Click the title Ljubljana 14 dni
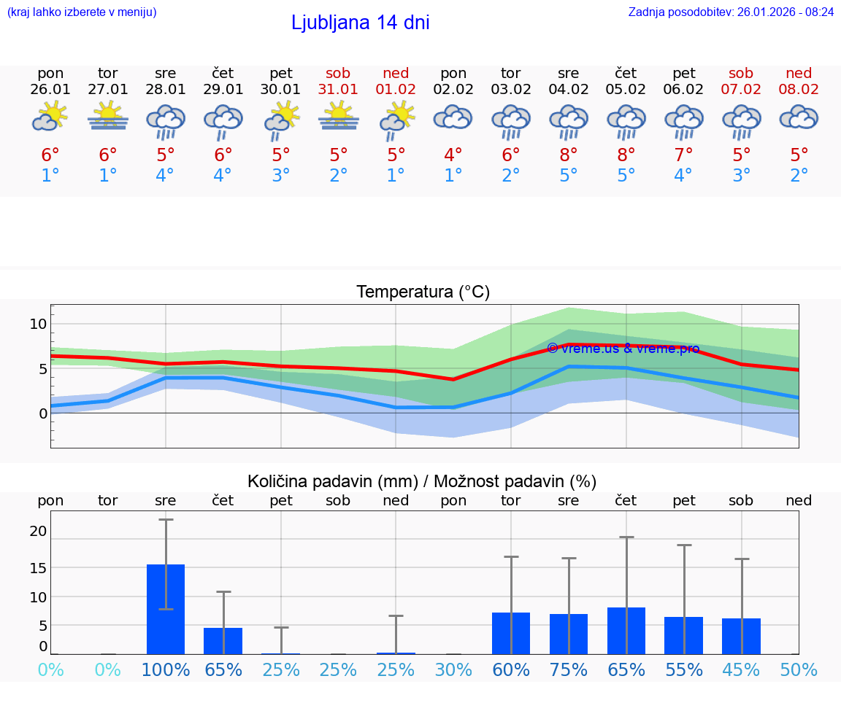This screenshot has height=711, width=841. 360,23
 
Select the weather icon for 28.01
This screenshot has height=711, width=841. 166,121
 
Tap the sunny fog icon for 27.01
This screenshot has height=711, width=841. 108,115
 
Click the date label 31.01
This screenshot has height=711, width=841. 338,89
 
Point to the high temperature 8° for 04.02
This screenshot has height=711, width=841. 568,155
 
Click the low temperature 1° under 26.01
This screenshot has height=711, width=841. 50,176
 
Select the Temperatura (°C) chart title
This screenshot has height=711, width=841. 423,292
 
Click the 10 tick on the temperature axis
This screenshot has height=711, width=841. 38,324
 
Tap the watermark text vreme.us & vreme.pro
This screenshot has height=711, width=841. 623,349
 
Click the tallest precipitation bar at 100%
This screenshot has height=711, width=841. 166,609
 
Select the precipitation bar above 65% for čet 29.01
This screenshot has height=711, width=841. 223,640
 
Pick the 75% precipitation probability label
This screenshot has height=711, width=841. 568,669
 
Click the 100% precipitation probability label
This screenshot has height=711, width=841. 166,669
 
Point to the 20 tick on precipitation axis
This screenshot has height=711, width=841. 38,531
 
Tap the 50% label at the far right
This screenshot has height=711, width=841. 799,669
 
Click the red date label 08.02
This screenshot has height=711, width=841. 799,89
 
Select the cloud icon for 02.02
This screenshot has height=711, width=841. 453,117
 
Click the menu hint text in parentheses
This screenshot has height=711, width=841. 82,12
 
